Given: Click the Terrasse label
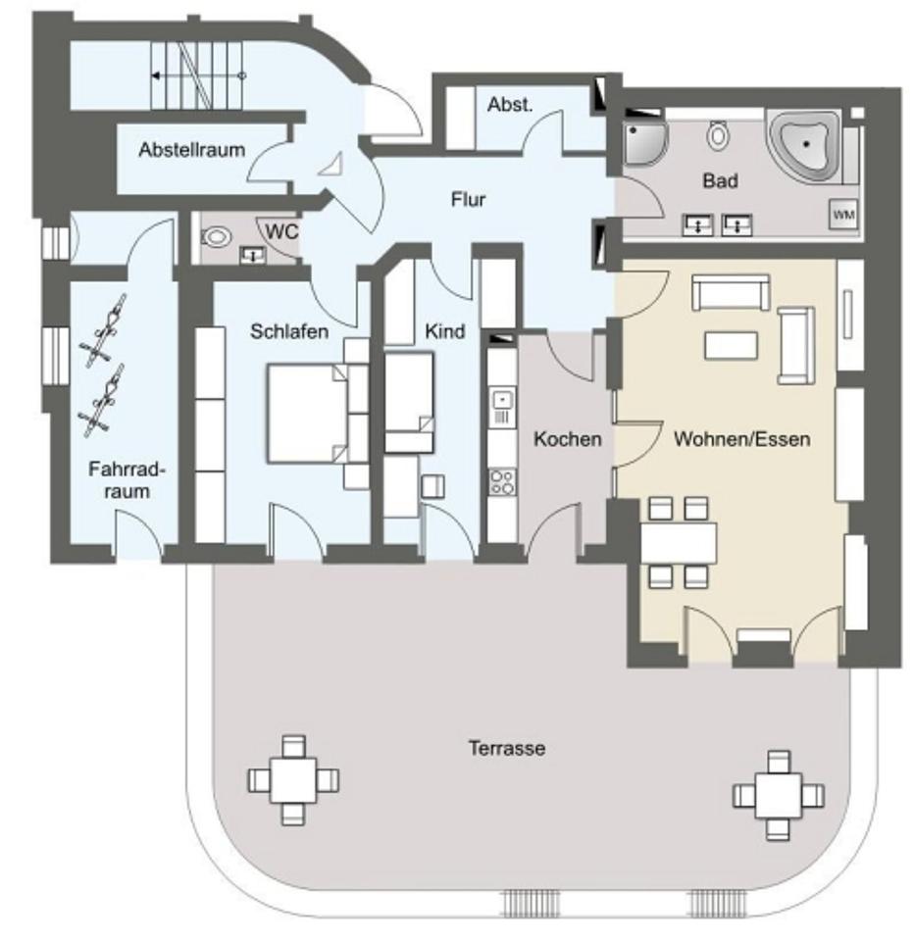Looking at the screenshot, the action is (x=506, y=749).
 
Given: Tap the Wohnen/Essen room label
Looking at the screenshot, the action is (x=741, y=439).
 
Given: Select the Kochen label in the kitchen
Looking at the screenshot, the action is (x=567, y=439).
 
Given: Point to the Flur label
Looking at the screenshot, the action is (x=469, y=200).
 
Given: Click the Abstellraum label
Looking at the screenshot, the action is (x=191, y=151).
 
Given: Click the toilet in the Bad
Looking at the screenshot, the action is (x=719, y=134).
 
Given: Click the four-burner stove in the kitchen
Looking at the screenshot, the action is (x=503, y=481).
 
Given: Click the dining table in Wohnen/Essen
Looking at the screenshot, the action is (x=678, y=541).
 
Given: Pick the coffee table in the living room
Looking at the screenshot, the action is (x=731, y=345).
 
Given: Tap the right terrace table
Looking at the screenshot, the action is (x=779, y=793).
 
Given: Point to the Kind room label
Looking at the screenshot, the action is (x=445, y=332).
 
